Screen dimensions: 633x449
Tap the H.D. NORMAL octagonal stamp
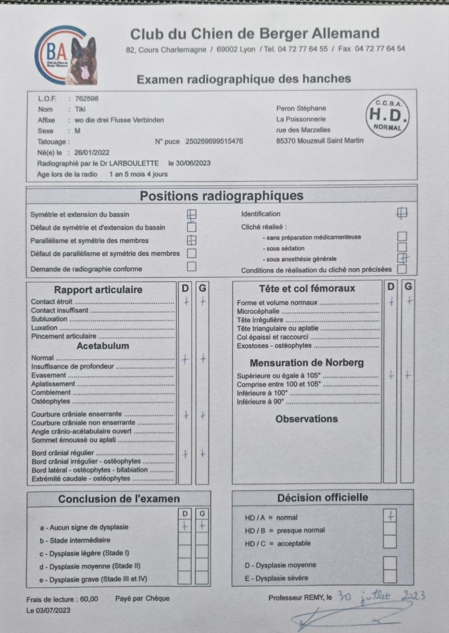point(387,115)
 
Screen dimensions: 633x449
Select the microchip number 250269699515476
point(214,142)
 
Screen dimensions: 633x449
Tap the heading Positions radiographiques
point(221,196)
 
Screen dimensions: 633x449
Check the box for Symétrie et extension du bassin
point(191,215)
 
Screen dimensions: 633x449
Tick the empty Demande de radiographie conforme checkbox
point(191,267)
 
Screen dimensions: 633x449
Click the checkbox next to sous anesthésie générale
point(402,258)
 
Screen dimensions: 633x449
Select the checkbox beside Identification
point(402,213)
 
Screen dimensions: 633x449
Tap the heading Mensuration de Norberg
point(306,363)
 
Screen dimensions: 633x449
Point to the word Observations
point(306,419)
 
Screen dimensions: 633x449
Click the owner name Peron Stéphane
point(299,108)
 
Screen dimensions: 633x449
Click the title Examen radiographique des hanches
point(243,79)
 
